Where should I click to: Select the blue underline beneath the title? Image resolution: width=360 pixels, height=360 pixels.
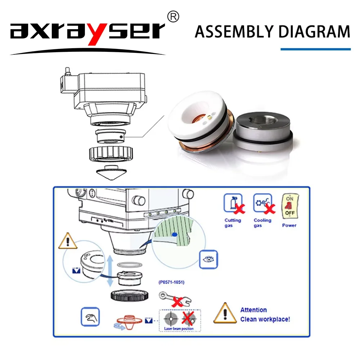coord(315,49)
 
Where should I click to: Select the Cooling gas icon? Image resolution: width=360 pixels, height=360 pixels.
coord(263,203)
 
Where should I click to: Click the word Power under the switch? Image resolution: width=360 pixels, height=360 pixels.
coord(289,225)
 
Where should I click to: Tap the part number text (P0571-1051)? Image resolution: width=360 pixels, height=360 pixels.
coord(171,282)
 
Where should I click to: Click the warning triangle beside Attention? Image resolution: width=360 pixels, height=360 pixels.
coord(225,313)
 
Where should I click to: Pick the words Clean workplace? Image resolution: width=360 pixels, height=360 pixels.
coord(265,319)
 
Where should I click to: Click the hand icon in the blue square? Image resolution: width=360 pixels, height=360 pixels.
coord(90,317)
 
